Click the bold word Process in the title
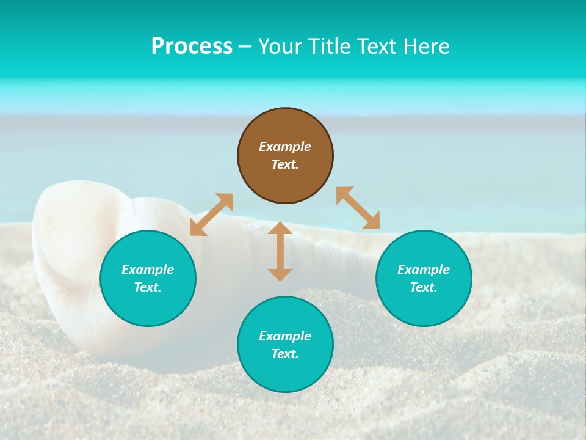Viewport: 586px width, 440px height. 192,46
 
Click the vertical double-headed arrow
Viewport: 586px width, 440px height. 280,251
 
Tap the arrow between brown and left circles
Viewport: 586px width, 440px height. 211,215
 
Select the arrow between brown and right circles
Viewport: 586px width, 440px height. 358,208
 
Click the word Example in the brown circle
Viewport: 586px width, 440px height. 285,147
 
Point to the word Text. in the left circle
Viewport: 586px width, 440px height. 148,287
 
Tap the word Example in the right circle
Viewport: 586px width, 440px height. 424,269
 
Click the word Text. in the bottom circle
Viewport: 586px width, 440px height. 285,354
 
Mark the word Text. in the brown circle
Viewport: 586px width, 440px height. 285,164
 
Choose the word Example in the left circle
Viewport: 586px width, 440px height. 148,269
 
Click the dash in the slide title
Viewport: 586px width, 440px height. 245,46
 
